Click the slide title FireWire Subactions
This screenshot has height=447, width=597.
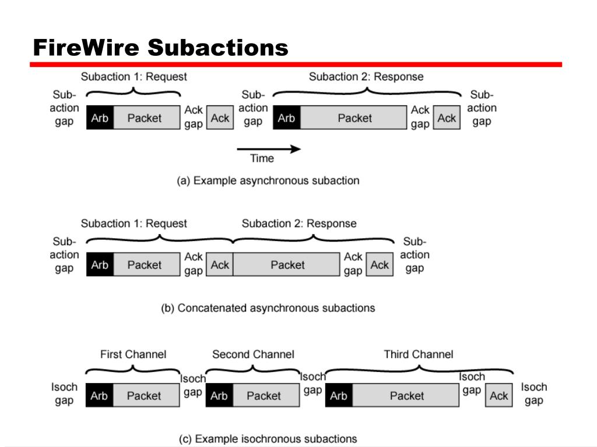(x=161, y=48)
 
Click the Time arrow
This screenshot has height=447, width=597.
(x=269, y=149)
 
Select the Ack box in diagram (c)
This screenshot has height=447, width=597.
(x=499, y=395)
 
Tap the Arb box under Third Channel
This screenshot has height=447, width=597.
(x=339, y=395)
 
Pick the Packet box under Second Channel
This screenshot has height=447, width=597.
(x=266, y=395)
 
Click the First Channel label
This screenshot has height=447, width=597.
(x=134, y=354)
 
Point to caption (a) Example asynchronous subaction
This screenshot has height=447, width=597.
(x=268, y=180)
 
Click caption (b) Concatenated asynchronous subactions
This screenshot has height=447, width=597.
(x=268, y=308)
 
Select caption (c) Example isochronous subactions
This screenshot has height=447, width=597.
(x=268, y=439)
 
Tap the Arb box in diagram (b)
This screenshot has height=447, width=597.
(x=100, y=265)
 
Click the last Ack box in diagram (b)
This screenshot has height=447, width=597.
(x=380, y=265)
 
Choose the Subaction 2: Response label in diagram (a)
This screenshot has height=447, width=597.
(x=366, y=77)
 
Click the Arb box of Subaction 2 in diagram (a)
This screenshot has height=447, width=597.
(x=287, y=118)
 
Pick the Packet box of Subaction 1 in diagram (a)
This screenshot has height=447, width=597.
(x=146, y=118)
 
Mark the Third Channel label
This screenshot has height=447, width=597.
(x=419, y=354)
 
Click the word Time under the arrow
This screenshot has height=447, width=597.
(x=262, y=158)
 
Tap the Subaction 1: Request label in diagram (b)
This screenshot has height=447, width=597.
(x=134, y=223)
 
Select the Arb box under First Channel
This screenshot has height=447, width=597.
(x=99, y=395)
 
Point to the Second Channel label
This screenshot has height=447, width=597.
(x=253, y=354)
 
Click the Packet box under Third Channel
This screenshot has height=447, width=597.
(x=406, y=395)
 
